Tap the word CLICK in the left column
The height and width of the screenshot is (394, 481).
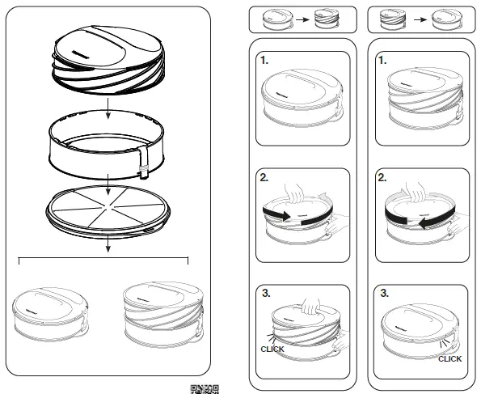coord(272,349)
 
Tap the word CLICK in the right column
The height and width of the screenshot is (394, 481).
coord(449,358)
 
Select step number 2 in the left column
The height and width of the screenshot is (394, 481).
coord(265,176)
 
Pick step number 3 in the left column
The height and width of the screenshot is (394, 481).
coord(265,293)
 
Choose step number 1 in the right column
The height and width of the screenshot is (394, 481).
coord(382,61)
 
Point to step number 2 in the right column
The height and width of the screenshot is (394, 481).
coord(383,176)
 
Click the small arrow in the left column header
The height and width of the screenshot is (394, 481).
coord(301,17)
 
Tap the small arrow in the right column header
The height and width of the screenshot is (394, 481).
coord(419,17)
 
